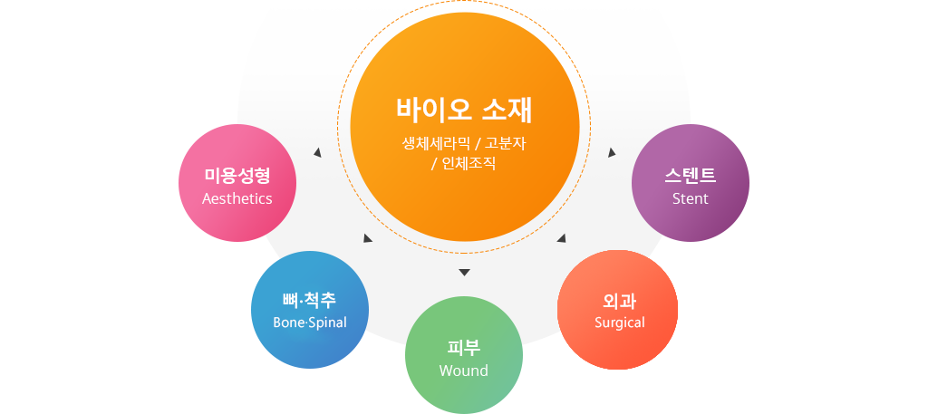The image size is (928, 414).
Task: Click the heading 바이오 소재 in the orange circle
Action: coord(464,110)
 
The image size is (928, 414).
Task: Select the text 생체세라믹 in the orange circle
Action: coord(436,143)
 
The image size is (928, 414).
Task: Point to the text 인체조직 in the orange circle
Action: coord(469,164)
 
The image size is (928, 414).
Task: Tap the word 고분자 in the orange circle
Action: coord(505,143)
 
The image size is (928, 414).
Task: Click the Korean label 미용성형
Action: coord(237,176)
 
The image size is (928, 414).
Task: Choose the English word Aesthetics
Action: coord(237,198)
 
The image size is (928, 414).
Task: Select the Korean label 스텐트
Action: coord(690,175)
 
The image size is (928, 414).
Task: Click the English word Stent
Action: coord(690,198)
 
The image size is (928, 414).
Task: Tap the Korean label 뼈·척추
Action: coord(310,301)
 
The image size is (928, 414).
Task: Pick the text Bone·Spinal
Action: coord(310,323)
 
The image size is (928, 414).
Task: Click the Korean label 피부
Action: coord(464,348)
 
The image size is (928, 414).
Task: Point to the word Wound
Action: coord(464,371)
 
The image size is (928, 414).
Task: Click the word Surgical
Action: coord(619,323)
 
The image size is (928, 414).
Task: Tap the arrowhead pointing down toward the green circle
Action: coord(464,273)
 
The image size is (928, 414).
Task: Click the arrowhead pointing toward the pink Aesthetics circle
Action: coord(317,152)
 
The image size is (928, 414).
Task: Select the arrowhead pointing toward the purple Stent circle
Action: coord(612,152)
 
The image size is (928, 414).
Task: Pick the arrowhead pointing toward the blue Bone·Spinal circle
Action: coord(368,238)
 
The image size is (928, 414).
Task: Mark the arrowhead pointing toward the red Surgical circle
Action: coord(562,238)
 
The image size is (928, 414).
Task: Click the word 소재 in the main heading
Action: coord(507,110)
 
